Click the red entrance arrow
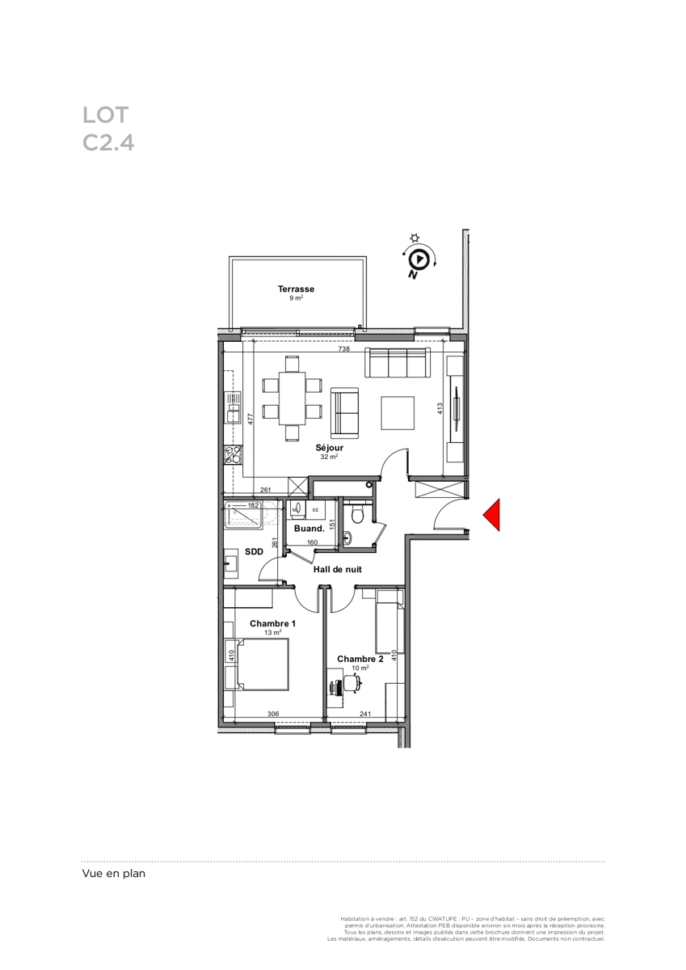point(494,514)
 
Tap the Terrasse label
point(296,289)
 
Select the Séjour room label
point(330,448)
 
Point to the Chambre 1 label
point(272,623)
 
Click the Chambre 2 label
point(360,659)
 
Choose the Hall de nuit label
point(338,569)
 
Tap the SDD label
point(254,551)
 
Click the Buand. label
point(309,529)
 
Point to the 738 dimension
point(343,348)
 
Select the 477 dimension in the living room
point(250,419)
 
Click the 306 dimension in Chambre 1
point(273,714)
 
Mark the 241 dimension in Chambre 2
point(365,714)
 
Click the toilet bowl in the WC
point(357,516)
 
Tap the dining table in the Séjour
point(292,398)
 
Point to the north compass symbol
point(419,259)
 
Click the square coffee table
point(398,413)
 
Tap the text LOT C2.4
point(108,129)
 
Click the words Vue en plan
point(114,874)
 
